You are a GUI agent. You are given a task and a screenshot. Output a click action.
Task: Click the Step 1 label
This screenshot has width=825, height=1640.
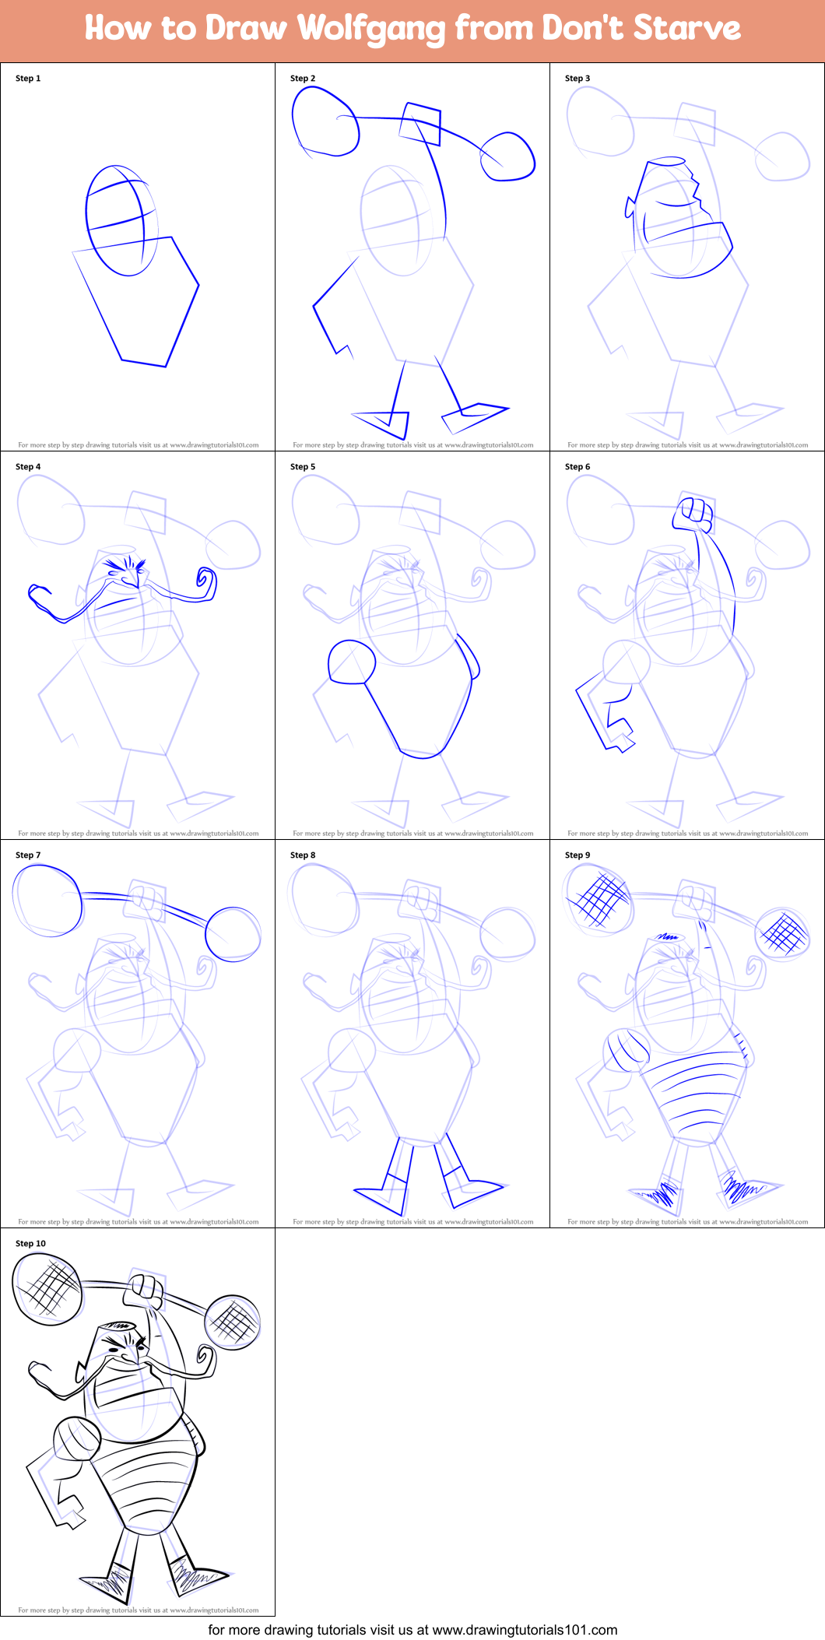point(28,79)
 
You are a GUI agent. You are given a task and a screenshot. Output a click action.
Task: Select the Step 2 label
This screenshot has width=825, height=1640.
point(303,79)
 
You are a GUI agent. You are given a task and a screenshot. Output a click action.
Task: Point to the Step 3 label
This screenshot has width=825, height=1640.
point(577,79)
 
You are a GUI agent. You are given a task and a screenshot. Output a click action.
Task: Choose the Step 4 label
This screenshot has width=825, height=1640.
point(28,467)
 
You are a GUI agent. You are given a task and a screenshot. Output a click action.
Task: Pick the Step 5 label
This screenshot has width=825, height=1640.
point(303,467)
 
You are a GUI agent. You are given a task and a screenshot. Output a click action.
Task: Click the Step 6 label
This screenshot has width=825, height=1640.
point(577,467)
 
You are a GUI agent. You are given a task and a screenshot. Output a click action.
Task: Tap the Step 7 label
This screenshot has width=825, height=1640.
point(28,855)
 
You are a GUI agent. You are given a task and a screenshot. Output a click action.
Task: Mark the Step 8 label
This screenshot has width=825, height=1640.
point(303,855)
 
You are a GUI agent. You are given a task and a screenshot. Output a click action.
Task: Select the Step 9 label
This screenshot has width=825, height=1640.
point(577,855)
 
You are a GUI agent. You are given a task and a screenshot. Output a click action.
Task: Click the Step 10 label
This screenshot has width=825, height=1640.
point(30,1244)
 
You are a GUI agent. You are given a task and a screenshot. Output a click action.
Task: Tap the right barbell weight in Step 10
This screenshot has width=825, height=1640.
point(233,1322)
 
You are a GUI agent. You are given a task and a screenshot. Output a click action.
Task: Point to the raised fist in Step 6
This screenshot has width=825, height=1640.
point(693,513)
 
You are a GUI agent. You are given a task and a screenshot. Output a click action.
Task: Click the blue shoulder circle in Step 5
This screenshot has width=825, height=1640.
point(352,662)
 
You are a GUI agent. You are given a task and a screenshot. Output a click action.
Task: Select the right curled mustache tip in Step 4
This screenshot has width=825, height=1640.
point(206,580)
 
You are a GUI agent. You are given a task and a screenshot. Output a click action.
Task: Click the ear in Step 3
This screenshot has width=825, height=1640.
point(629,207)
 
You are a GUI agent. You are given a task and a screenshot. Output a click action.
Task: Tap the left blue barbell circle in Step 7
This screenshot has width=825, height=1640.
point(47,900)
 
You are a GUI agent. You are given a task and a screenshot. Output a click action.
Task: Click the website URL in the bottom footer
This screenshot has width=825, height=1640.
point(525,1630)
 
